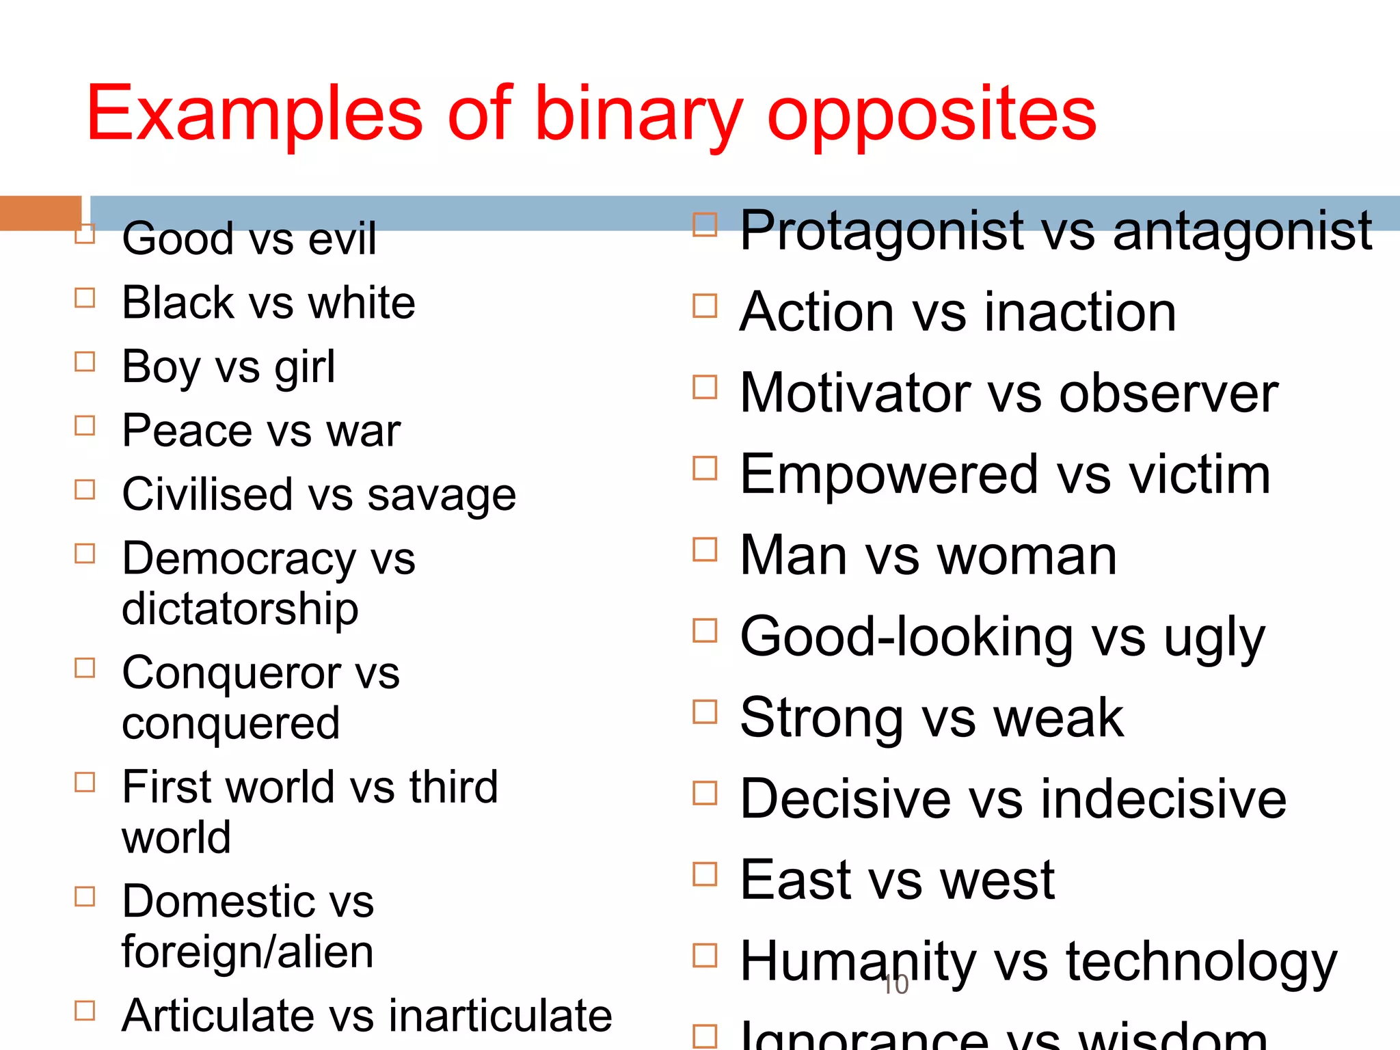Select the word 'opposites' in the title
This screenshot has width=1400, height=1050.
(x=932, y=115)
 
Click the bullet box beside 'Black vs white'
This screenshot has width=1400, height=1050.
(x=85, y=298)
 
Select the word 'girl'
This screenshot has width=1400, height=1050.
(x=305, y=367)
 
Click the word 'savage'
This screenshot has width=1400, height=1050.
(x=442, y=495)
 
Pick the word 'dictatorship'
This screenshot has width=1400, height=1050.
(x=240, y=608)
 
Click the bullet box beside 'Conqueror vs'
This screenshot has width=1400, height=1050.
(x=85, y=668)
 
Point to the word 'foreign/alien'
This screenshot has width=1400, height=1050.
(x=247, y=952)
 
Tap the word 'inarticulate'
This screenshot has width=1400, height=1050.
(x=500, y=1015)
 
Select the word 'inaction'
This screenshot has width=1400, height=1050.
(x=1080, y=312)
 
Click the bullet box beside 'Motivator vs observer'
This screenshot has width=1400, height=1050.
(x=705, y=388)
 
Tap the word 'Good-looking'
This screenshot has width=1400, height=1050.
(x=906, y=636)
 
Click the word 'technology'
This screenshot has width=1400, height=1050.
(x=1201, y=962)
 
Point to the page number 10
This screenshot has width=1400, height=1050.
(x=896, y=985)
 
